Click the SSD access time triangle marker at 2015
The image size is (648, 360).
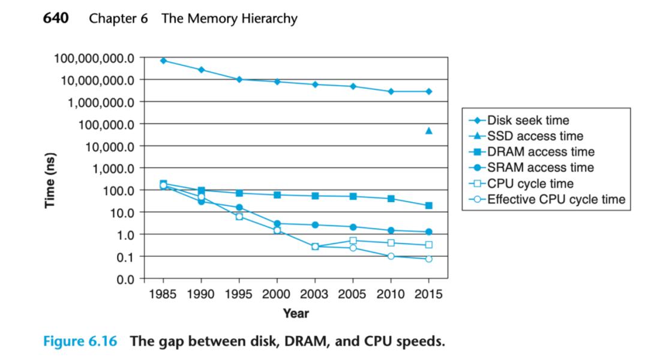[x=429, y=130]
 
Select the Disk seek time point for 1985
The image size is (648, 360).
[x=163, y=61]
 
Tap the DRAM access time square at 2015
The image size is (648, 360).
[x=429, y=206]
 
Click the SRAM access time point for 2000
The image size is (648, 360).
[x=277, y=223]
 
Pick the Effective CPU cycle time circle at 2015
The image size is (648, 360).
[x=429, y=259]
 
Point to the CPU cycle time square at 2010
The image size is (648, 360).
[x=391, y=243]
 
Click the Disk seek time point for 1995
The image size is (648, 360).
[x=239, y=79]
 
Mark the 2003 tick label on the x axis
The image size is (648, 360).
[x=315, y=295]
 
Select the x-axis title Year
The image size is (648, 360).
[x=296, y=313]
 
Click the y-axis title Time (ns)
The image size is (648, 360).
[x=52, y=179]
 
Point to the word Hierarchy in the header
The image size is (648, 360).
[x=266, y=19]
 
